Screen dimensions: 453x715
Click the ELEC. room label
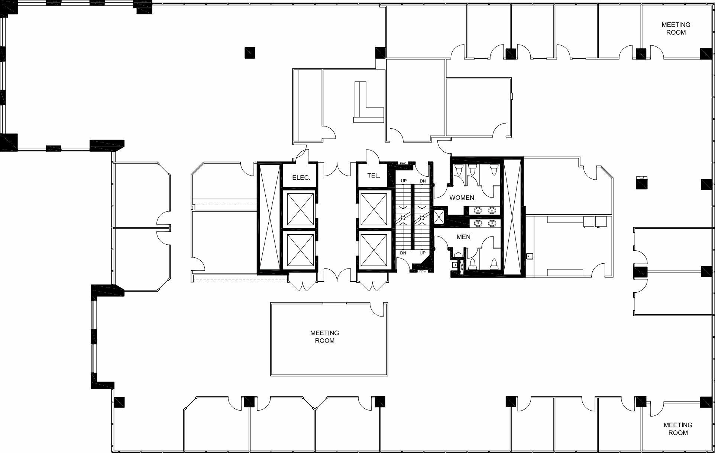(x=301, y=178)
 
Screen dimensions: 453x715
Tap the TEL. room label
(x=373, y=176)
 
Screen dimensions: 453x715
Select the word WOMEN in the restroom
(x=462, y=198)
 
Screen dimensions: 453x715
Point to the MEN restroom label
(x=463, y=237)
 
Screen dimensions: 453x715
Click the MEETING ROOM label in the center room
(x=324, y=337)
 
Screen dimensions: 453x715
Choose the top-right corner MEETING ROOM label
(x=676, y=29)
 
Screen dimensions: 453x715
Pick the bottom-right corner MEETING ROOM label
(x=678, y=429)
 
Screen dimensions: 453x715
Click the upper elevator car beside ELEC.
(x=300, y=209)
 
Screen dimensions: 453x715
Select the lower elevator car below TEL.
(x=373, y=250)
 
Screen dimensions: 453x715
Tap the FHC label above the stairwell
(x=403, y=164)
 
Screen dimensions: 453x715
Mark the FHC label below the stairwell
(x=422, y=271)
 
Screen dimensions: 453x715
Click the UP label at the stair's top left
(x=404, y=181)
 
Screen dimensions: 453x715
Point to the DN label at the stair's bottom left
(x=403, y=253)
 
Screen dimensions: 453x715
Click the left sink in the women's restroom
(x=478, y=211)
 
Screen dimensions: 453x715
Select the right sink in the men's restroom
(x=492, y=223)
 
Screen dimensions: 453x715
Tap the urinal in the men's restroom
(x=458, y=256)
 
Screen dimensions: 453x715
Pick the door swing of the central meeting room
(x=378, y=310)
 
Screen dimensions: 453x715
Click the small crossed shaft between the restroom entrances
(x=439, y=217)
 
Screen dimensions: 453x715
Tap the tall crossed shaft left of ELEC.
(x=269, y=217)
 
